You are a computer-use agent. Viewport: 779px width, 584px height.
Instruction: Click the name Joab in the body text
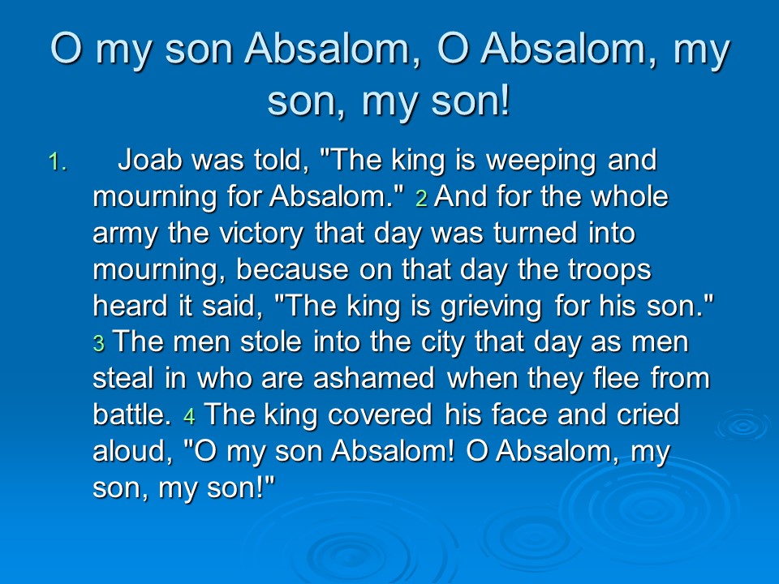pyautogui.click(x=149, y=160)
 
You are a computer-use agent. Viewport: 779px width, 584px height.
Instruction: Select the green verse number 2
pyautogui.click(x=421, y=199)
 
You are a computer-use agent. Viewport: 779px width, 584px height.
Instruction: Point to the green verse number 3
pyautogui.click(x=99, y=344)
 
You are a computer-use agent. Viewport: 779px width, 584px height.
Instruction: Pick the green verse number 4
pyautogui.click(x=189, y=417)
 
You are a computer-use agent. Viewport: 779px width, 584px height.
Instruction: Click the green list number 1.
pyautogui.click(x=57, y=162)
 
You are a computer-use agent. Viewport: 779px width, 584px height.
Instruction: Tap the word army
pyautogui.click(x=125, y=234)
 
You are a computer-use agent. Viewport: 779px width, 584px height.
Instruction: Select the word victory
pyautogui.click(x=261, y=234)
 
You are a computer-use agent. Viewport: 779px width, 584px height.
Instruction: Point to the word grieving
pyautogui.click(x=491, y=307)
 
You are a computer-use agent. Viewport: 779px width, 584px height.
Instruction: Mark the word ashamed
pyautogui.click(x=374, y=379)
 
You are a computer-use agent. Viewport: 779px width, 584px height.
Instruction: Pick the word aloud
pyautogui.click(x=132, y=451)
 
